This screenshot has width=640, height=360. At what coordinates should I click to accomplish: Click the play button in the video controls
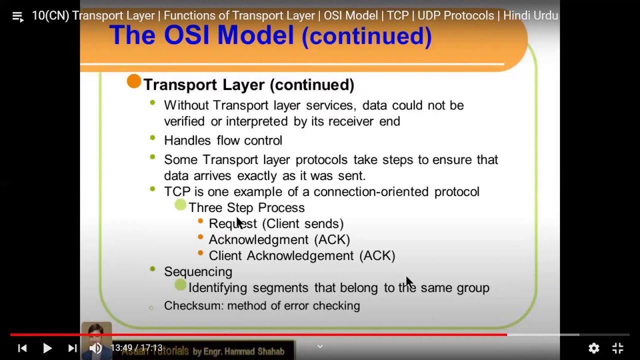click(x=47, y=348)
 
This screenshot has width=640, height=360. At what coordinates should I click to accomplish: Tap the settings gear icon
click(x=593, y=348)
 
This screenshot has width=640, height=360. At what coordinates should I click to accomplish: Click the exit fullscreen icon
click(x=618, y=348)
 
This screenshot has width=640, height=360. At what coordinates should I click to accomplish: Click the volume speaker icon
click(x=95, y=348)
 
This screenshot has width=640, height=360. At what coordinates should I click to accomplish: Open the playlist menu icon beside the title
click(x=17, y=16)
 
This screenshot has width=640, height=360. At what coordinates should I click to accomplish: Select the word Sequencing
click(x=198, y=271)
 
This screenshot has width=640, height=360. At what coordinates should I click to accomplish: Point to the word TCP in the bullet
click(x=177, y=191)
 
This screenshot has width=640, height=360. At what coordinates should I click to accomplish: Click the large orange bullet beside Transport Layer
click(x=134, y=81)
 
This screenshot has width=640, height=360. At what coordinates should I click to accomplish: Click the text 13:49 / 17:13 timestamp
click(x=136, y=347)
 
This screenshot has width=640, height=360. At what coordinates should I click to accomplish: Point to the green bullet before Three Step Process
click(x=180, y=204)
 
